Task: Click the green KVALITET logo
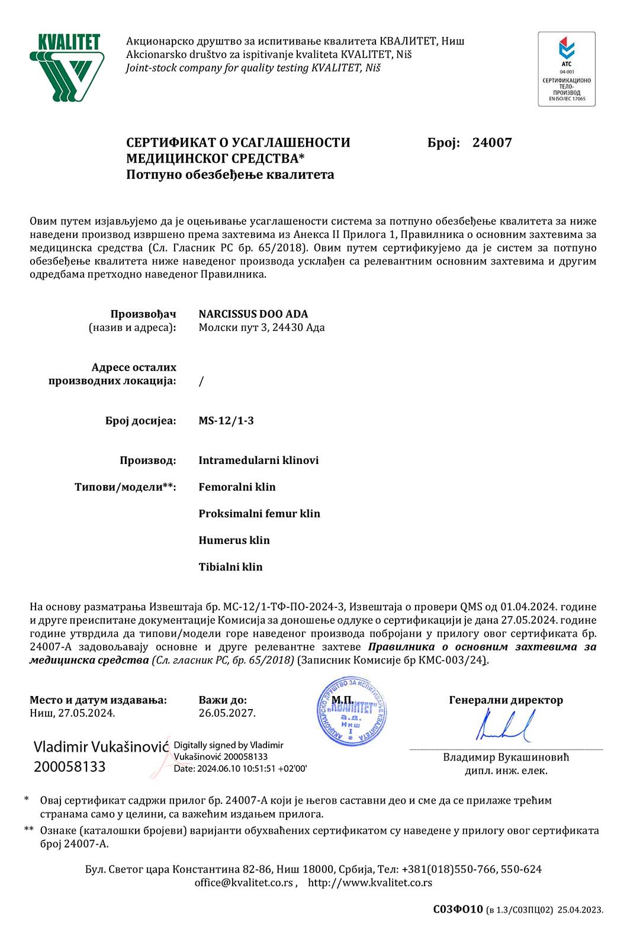pyautogui.click(x=67, y=67)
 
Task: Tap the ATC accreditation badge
pyautogui.click(x=567, y=69)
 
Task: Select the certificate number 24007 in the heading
pyautogui.click(x=492, y=143)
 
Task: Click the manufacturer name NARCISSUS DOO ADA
pyautogui.click(x=253, y=314)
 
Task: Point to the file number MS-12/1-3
pyautogui.click(x=226, y=421)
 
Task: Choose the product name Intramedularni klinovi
pyautogui.click(x=259, y=460)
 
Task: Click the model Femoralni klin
pyautogui.click(x=237, y=487)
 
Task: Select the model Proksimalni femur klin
pyautogui.click(x=259, y=514)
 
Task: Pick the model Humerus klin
pyautogui.click(x=234, y=540)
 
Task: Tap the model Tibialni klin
pyautogui.click(x=231, y=567)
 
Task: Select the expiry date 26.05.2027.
pyautogui.click(x=227, y=713)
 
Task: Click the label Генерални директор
pyautogui.click(x=506, y=700)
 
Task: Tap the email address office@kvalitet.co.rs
pyautogui.click(x=244, y=883)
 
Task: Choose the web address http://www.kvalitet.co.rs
pyautogui.click(x=370, y=883)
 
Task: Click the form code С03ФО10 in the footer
pyautogui.click(x=458, y=910)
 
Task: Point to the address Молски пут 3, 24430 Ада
pyautogui.click(x=262, y=328)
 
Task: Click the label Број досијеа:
pyautogui.click(x=141, y=421)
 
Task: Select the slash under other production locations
pyautogui.click(x=201, y=381)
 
